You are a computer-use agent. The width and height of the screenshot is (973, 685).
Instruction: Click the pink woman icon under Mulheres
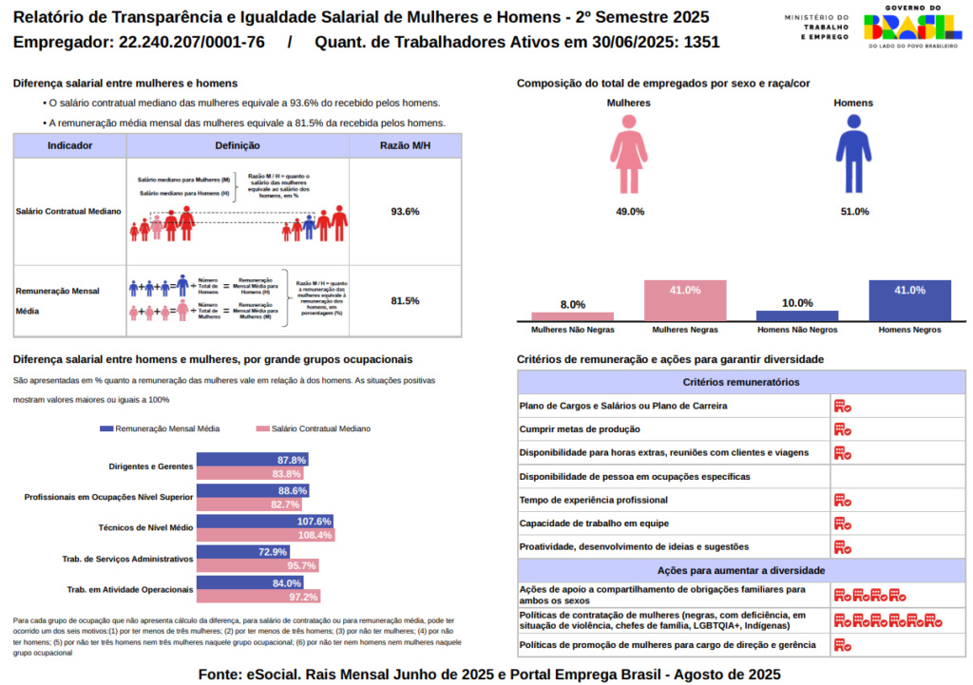(630, 151)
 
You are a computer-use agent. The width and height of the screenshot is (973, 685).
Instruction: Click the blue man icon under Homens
(852, 151)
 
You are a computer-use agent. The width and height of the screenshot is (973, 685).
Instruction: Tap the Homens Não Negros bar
(797, 315)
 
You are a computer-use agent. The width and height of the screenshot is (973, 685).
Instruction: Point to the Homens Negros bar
(909, 300)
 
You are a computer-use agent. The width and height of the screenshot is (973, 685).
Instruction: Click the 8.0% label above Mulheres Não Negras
(573, 305)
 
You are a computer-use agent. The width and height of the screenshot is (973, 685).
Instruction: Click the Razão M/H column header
(405, 145)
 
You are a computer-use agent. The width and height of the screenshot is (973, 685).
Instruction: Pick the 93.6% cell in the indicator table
(405, 211)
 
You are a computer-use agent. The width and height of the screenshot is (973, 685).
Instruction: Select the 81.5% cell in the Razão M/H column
(405, 301)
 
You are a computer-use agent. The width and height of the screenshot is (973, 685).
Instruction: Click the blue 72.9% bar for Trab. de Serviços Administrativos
(242, 552)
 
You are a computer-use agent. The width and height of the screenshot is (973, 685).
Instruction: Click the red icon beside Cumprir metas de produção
(842, 429)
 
